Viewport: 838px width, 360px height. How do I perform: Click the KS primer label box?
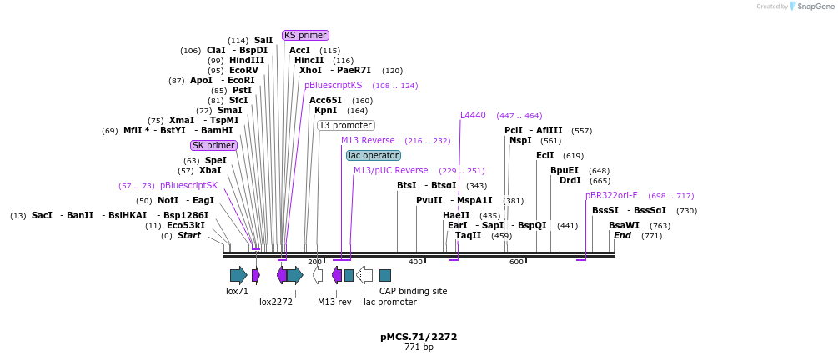[305, 35]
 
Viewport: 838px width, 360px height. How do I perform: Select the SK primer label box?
[213, 145]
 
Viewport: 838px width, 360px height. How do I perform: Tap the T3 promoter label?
[345, 125]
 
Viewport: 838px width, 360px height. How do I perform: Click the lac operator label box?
[374, 155]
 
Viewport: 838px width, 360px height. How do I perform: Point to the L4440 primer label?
[473, 115]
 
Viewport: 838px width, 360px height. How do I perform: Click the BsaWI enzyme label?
[624, 225]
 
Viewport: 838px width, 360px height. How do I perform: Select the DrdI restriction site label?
[570, 180]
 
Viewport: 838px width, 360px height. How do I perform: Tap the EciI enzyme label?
[544, 155]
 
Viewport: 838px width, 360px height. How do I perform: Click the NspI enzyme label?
[520, 140]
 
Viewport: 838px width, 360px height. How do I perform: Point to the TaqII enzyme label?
[468, 235]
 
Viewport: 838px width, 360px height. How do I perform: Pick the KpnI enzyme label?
[325, 110]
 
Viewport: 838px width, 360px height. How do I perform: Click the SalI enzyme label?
[263, 40]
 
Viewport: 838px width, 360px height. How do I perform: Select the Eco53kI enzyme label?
[187, 225]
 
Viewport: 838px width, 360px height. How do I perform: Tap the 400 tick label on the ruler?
[415, 262]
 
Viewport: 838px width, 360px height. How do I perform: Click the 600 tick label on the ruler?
[516, 262]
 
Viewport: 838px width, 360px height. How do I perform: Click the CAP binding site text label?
[413, 291]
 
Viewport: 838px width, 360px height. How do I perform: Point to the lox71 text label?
[238, 291]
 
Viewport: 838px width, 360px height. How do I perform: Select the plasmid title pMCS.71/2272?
[419, 337]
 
